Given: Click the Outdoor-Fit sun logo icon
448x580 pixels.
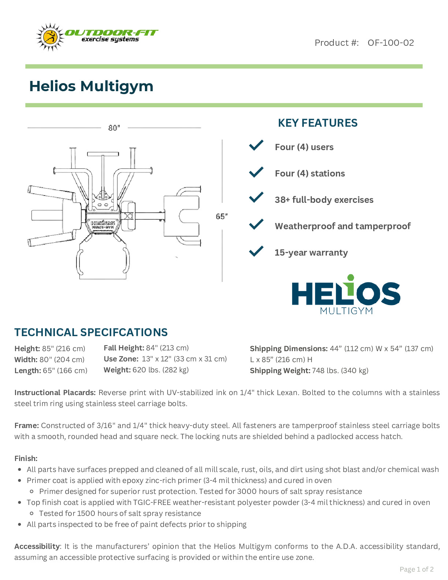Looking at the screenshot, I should point(50,37).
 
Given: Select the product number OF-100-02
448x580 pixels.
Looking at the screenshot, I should point(391,43).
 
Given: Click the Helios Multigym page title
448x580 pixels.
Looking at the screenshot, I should point(91,86).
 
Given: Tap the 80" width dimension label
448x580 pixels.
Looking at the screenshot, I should point(114,128).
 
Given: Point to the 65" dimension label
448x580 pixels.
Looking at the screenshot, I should point(221,216).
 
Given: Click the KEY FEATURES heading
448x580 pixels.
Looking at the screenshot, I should point(317,123).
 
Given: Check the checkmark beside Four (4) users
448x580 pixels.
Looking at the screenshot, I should point(256,145).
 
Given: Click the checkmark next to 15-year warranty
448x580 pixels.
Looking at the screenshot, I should point(256,251).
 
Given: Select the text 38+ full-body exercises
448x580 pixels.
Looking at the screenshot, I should point(324,200).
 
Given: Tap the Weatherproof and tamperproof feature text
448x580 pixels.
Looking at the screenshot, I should point(343,226).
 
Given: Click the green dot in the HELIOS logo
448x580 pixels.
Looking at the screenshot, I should point(351,278).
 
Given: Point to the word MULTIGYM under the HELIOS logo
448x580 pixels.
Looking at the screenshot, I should point(346,311).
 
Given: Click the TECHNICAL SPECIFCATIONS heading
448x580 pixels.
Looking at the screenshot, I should point(91,332).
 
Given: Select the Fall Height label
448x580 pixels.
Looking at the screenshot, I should point(124,348).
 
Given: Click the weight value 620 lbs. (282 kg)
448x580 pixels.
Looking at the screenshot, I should point(160,370).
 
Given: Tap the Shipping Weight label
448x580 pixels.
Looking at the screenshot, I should point(280,371).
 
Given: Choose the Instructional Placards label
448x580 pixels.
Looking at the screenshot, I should point(55,393).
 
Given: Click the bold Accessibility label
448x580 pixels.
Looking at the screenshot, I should point(37,546).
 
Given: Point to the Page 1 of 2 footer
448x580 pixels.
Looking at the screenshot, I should point(417,569).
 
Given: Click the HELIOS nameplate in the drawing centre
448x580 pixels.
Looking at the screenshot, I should point(103,223).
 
